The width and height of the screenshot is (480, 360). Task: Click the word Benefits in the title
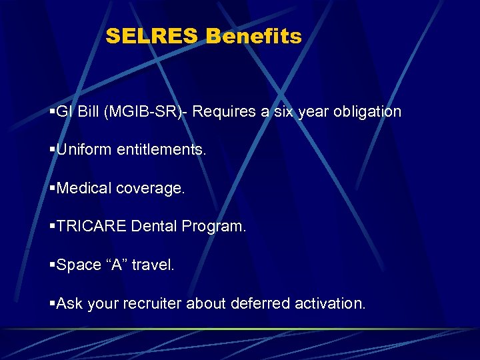(253, 36)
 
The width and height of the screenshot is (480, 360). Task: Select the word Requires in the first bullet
(227, 111)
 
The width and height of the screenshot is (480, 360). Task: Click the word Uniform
(85, 150)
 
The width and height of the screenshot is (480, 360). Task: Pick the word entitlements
(162, 150)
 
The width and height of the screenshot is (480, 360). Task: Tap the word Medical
(85, 189)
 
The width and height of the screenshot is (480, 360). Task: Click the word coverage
(151, 189)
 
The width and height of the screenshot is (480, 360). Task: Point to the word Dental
(153, 227)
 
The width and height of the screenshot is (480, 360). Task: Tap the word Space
(79, 265)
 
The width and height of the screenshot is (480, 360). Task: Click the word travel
(153, 265)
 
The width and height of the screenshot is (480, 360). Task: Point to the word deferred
(258, 304)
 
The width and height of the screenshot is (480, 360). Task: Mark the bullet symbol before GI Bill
(53, 112)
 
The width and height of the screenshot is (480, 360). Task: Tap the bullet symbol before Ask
(53, 305)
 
